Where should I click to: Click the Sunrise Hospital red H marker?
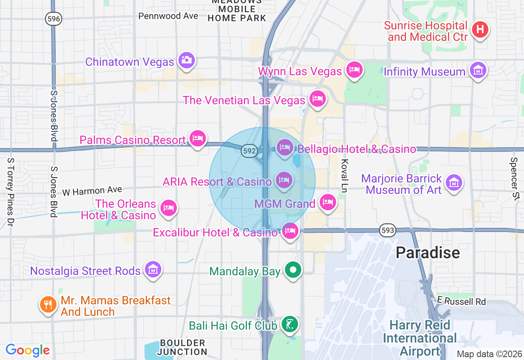[x=480, y=29]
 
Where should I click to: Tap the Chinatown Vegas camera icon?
[x=187, y=60]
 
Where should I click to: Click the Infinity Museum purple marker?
[x=478, y=70]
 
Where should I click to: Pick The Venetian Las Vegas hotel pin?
[x=317, y=98]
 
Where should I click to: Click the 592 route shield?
[x=249, y=151]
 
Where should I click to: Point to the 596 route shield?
[x=54, y=19]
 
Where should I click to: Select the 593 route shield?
[x=387, y=230]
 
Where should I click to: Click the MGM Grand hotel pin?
[x=328, y=202]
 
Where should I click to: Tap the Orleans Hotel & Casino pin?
[x=169, y=207]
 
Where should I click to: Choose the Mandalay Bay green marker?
[x=293, y=270]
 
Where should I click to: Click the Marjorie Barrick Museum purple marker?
[x=453, y=182]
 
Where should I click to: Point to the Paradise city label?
[x=428, y=253]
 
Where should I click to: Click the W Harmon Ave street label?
[x=92, y=191]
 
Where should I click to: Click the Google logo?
[x=27, y=350]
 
